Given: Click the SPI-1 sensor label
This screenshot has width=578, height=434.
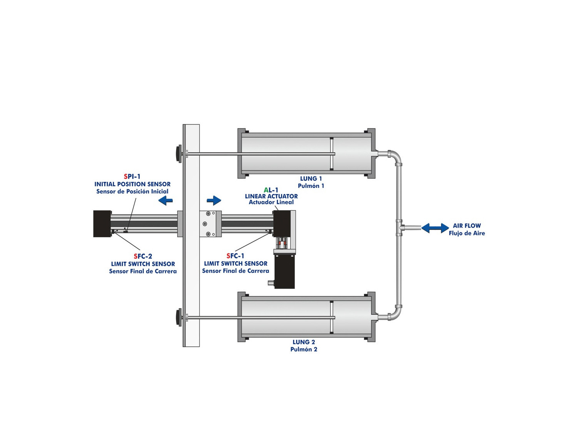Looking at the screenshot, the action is [x=132, y=176].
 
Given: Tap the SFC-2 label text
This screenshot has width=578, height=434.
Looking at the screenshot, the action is [x=143, y=256].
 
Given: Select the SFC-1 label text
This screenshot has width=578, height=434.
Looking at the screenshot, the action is [x=235, y=256].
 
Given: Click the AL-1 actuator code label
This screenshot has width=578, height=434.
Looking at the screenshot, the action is [x=271, y=190].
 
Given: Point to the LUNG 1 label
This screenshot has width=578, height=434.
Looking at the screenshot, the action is [x=311, y=178].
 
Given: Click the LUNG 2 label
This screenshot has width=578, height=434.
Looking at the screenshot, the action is [x=304, y=342].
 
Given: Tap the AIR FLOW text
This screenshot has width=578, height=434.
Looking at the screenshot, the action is [x=467, y=226].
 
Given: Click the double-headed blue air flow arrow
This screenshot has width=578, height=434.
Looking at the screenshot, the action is [x=435, y=228].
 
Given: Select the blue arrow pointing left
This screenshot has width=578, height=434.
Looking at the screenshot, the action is [x=165, y=201].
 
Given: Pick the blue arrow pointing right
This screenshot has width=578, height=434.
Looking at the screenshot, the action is [x=214, y=200].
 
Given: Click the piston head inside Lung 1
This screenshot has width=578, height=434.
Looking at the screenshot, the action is [x=331, y=154].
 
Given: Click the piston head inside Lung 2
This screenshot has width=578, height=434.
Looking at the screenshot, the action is [x=331, y=317].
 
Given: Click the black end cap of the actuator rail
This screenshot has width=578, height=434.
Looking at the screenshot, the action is [x=102, y=224].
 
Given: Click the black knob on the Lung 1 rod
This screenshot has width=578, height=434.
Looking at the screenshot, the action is [x=178, y=154].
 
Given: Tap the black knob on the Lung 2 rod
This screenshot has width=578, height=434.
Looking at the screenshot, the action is [x=178, y=317].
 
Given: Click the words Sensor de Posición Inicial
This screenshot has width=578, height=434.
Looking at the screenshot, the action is [x=132, y=192].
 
